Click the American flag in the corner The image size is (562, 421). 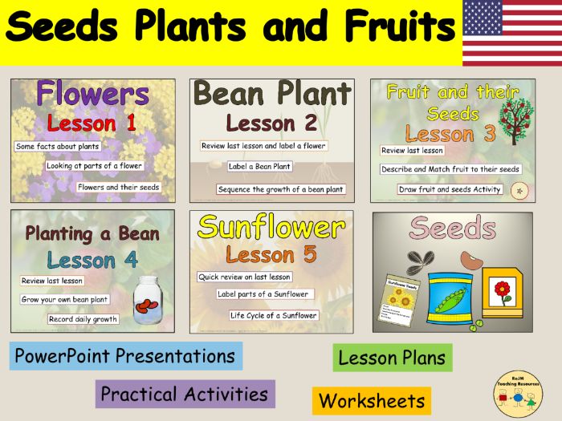tap(511, 33)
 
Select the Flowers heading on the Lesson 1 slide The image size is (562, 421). tap(92, 95)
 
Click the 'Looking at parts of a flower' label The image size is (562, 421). tap(95, 167)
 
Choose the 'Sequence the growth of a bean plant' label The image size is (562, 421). tap(280, 189)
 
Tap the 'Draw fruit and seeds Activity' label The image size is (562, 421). tap(450, 189)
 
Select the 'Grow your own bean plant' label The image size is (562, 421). tap(64, 299)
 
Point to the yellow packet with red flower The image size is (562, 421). tap(502, 293)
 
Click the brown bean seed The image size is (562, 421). tap(469, 259)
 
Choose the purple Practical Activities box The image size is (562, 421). tap(185, 395)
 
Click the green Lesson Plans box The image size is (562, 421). tap(392, 358)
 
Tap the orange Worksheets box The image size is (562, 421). tap(371, 400)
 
